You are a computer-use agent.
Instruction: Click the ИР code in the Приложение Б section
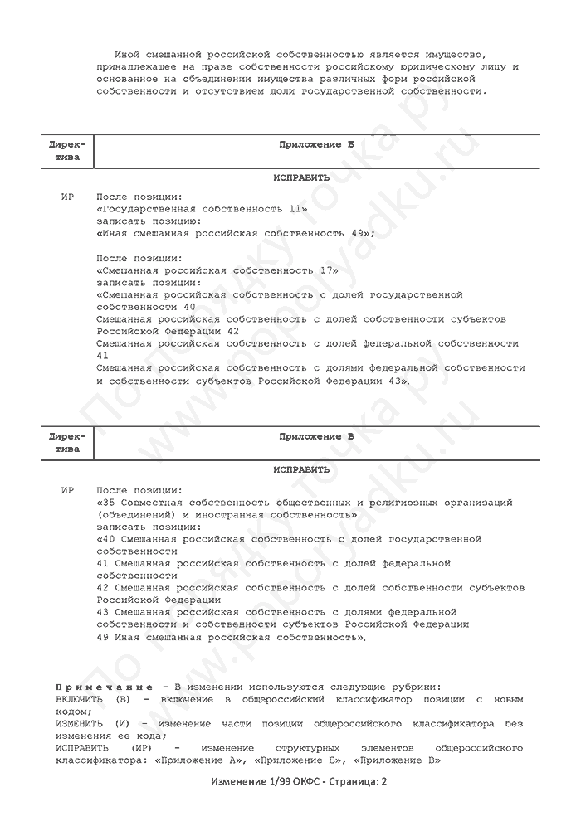(x=68, y=197)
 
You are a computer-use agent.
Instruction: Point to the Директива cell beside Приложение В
(x=67, y=442)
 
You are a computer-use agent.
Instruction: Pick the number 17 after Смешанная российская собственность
(x=329, y=270)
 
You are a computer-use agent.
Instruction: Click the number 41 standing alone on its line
(x=103, y=355)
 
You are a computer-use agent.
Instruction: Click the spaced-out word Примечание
(x=104, y=687)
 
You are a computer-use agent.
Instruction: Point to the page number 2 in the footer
(x=384, y=782)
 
